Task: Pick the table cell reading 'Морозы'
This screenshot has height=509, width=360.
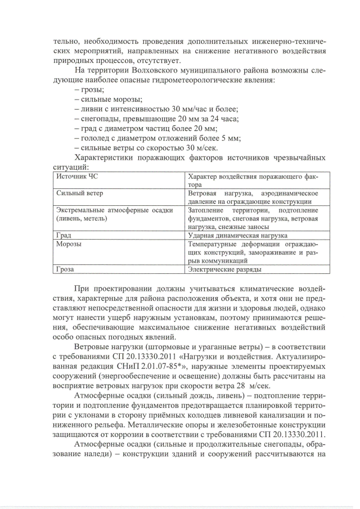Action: (68, 245)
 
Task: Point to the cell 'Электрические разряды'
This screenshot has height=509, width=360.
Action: (224, 269)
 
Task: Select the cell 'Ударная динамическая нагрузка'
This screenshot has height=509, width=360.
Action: (238, 235)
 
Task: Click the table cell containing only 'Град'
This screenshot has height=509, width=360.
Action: (63, 235)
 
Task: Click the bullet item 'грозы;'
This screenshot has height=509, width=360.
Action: (92, 89)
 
